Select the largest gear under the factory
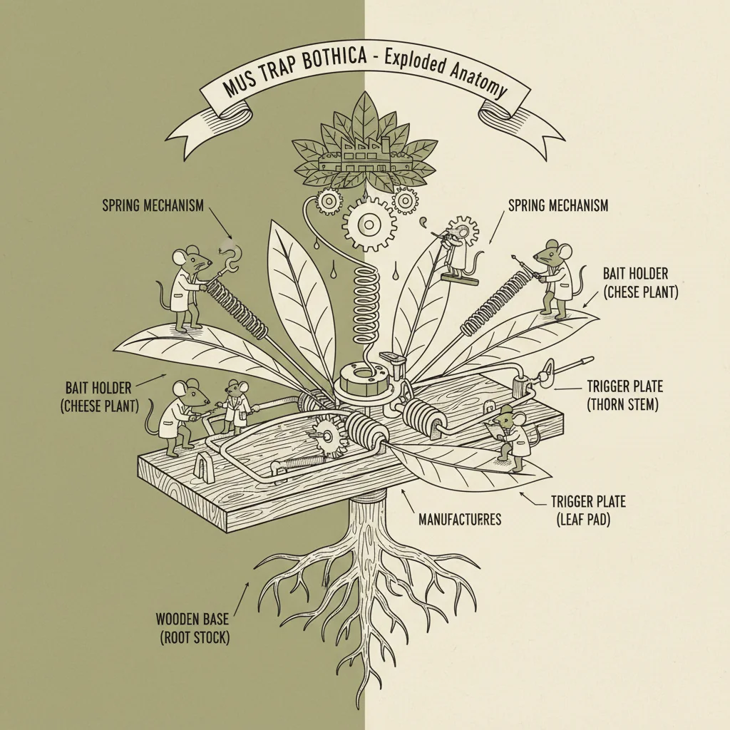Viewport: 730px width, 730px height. click(370, 225)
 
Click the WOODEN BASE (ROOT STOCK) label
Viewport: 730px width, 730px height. click(192, 628)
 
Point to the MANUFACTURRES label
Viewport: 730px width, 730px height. click(460, 519)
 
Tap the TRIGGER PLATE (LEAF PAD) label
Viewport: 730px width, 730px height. click(588, 510)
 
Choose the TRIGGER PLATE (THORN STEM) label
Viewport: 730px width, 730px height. click(624, 395)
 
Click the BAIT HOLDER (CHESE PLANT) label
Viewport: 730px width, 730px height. click(641, 283)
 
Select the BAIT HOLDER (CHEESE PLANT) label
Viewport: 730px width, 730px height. click(100, 396)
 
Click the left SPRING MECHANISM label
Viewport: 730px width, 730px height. click(153, 205)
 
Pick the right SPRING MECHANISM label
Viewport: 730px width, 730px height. click(557, 205)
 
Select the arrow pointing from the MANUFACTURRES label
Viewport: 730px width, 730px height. click(407, 502)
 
